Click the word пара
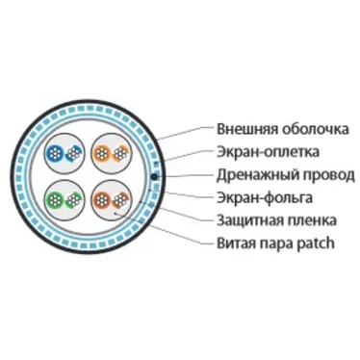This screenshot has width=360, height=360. pyautogui.click(x=276, y=244)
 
